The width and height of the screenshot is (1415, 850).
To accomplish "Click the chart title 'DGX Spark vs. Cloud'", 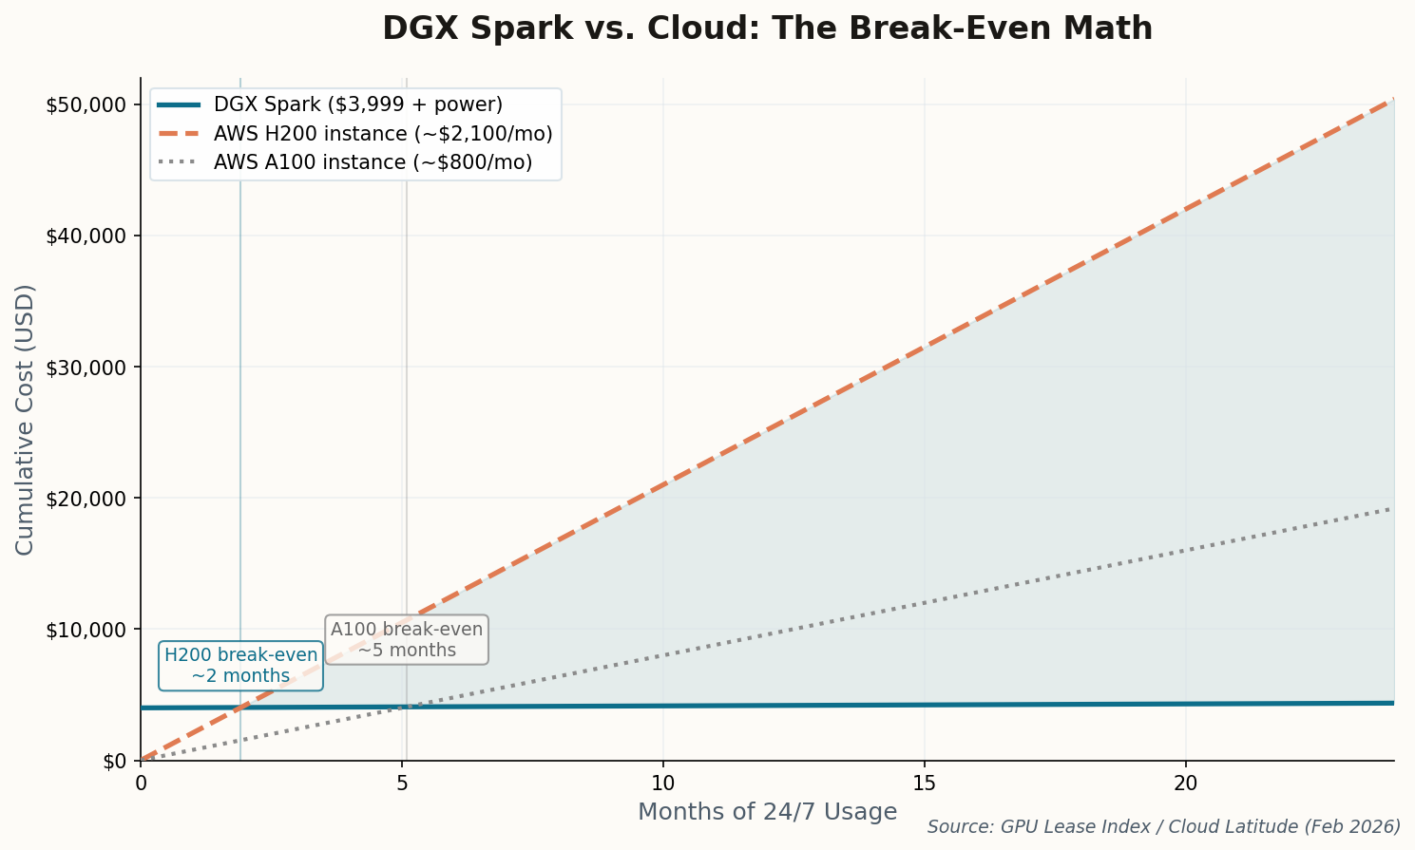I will click(767, 28).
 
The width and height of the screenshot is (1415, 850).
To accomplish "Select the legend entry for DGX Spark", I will click(358, 104).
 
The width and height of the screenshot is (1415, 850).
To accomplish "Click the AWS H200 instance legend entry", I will click(383, 134).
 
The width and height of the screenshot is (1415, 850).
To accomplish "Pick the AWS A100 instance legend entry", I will click(373, 162).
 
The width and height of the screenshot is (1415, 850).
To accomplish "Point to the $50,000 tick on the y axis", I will click(86, 104).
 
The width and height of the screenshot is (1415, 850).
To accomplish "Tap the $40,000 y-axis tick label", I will click(86, 236).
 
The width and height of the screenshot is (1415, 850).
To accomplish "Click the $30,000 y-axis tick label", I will click(86, 367).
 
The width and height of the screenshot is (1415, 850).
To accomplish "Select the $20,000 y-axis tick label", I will click(86, 498).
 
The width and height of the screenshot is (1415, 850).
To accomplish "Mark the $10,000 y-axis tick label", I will click(86, 629).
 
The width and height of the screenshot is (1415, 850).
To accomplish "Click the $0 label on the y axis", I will click(114, 761).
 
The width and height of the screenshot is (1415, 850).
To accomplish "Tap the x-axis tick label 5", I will click(402, 784).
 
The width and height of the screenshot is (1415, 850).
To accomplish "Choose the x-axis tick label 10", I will click(662, 784).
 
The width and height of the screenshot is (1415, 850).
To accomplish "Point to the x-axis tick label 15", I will click(924, 784).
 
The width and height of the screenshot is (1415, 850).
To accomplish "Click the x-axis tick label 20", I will click(1185, 784).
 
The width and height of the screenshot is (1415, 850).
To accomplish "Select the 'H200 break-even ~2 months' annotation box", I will click(240, 665).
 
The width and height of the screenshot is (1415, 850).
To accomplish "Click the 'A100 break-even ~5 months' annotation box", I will click(407, 639).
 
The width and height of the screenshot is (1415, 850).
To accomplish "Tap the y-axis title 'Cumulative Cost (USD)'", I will click(25, 419).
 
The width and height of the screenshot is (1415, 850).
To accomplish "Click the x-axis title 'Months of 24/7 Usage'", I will click(767, 812).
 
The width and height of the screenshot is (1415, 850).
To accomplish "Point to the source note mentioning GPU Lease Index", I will click(1163, 827).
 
